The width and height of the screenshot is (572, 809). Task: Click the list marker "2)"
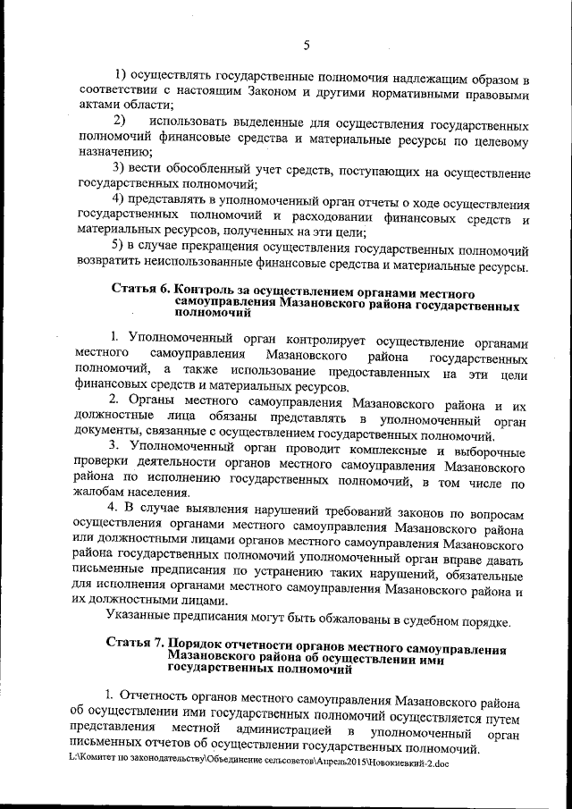click(x=118, y=121)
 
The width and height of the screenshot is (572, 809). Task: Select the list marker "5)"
click(x=118, y=247)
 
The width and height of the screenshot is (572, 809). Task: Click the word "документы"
click(x=110, y=434)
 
